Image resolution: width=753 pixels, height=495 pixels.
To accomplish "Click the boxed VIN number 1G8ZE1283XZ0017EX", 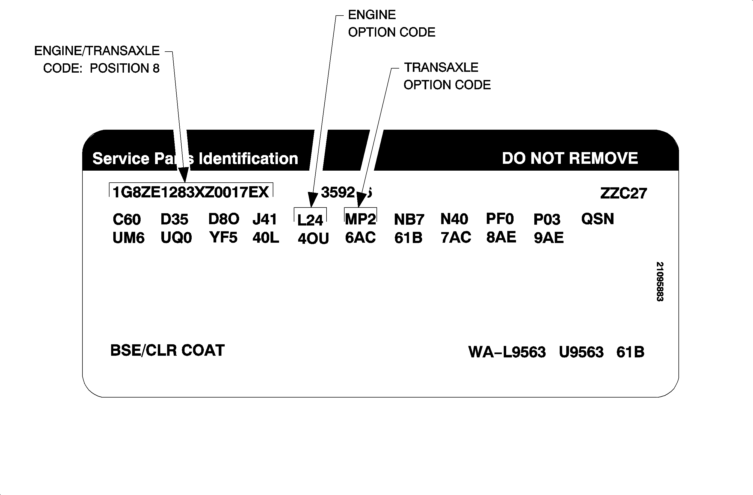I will pyautogui.click(x=191, y=192).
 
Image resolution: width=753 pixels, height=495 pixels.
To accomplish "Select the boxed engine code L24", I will pyautogui.click(x=310, y=220).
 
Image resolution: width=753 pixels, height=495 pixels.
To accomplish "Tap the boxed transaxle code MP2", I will pyautogui.click(x=360, y=219).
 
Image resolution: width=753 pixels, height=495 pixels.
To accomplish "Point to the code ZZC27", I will pyautogui.click(x=624, y=193).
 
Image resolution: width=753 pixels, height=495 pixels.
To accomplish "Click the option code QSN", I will pyautogui.click(x=598, y=219).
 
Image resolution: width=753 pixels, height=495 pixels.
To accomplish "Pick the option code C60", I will pyautogui.click(x=127, y=220).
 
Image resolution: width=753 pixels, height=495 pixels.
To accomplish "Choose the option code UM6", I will pyautogui.click(x=128, y=238).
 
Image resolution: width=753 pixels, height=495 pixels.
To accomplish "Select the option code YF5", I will pyautogui.click(x=223, y=238).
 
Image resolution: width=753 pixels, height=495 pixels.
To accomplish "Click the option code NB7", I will pyautogui.click(x=409, y=220).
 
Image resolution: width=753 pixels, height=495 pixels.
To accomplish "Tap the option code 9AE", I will pyautogui.click(x=549, y=238).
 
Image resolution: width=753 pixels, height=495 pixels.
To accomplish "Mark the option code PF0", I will pyautogui.click(x=500, y=219).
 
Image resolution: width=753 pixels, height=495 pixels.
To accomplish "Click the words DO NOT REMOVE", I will pyautogui.click(x=570, y=158).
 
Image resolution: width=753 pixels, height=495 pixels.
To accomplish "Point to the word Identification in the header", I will pyautogui.click(x=248, y=158).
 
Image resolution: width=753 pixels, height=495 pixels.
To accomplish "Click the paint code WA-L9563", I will pyautogui.click(x=507, y=352).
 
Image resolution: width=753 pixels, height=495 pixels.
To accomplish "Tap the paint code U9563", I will pyautogui.click(x=581, y=352).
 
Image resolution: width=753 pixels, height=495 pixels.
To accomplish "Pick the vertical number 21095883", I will pyautogui.click(x=660, y=281).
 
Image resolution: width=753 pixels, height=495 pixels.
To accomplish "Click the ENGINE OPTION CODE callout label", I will pyautogui.click(x=391, y=23).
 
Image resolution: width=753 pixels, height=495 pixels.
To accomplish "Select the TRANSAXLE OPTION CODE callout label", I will pyautogui.click(x=447, y=76).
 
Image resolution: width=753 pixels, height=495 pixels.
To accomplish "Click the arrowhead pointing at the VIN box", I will pyautogui.click(x=184, y=176).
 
